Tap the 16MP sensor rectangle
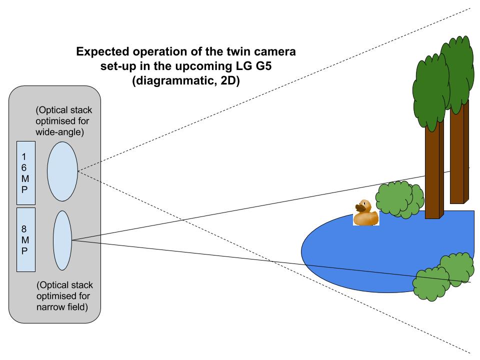click(x=26, y=172)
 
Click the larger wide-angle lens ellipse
click(x=62, y=170)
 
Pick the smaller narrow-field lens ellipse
click(x=62, y=240)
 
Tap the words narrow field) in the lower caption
click(x=62, y=306)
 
